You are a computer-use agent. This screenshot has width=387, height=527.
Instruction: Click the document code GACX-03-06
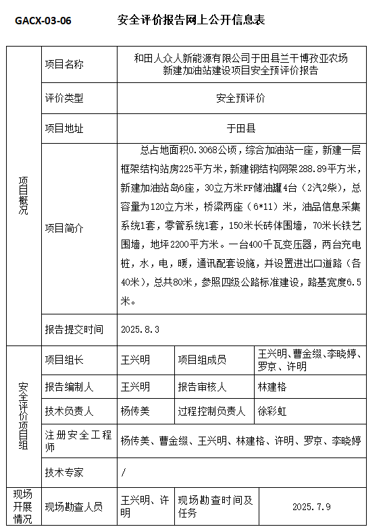pyautogui.click(x=43, y=20)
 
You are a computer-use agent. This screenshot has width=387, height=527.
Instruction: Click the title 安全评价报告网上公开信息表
pyautogui.click(x=190, y=20)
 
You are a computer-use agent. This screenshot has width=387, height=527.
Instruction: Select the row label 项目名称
pyautogui.click(x=64, y=65)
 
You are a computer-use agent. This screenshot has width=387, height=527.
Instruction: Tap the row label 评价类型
pyautogui.click(x=64, y=99)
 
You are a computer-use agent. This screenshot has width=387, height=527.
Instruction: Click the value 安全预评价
pyautogui.click(x=241, y=99)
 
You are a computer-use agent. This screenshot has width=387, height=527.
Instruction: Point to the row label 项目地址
pyautogui.click(x=64, y=128)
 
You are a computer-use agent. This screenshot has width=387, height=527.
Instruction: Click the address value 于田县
pyautogui.click(x=241, y=128)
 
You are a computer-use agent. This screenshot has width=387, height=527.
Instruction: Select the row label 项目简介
pyautogui.click(x=64, y=229)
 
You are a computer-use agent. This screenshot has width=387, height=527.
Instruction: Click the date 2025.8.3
pyautogui.click(x=140, y=330)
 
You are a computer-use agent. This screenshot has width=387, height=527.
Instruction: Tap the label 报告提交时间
pyautogui.click(x=74, y=330)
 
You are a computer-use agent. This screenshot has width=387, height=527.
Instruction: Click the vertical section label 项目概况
pyautogui.click(x=24, y=196)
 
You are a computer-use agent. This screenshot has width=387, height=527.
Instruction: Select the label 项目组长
pyautogui.click(x=64, y=360)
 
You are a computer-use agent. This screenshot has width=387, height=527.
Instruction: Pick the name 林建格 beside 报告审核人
pyautogui.click(x=272, y=387)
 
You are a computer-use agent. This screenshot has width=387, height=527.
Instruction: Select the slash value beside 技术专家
pyautogui.click(x=123, y=472)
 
